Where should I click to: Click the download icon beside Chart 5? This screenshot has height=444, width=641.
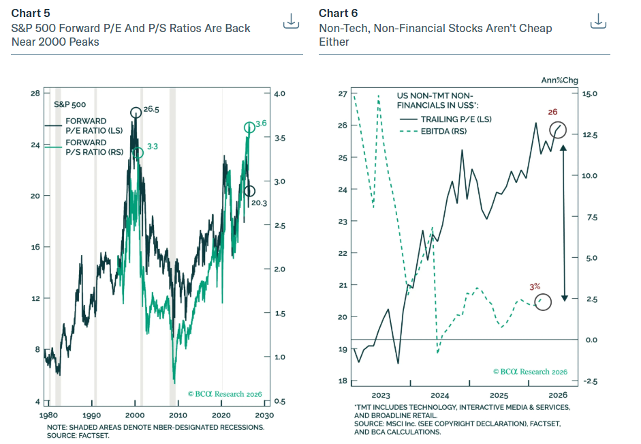[291, 21]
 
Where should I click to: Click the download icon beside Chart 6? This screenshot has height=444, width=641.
[598, 21]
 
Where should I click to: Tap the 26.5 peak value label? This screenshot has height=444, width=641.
[151, 109]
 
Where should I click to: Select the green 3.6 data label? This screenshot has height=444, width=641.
[261, 123]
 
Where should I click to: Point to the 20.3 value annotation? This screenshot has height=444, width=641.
[259, 203]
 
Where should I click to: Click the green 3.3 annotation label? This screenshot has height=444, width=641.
[153, 147]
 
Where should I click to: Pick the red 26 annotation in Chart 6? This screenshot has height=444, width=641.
[552, 112]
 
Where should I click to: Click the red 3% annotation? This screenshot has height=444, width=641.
[535, 287]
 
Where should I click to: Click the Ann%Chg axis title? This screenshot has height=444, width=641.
[560, 80]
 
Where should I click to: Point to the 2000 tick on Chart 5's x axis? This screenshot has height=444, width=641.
[135, 415]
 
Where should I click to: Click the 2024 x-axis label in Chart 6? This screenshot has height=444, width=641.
[440, 396]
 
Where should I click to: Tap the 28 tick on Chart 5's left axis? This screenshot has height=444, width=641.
[35, 93]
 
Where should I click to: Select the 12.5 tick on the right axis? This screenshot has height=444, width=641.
[589, 135]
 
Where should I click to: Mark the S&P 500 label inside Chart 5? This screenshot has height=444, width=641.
[70, 104]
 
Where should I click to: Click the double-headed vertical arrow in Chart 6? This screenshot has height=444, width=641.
[564, 223]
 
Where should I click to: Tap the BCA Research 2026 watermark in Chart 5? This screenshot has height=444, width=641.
[225, 394]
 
